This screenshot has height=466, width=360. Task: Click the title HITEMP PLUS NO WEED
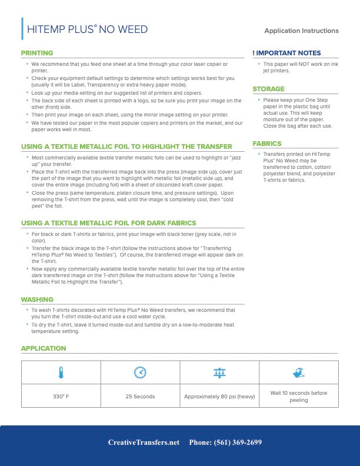click(x=88, y=29)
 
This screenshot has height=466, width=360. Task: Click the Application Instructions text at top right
click(x=301, y=31)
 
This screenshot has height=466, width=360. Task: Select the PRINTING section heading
click(x=37, y=53)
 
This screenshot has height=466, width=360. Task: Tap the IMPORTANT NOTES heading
click(x=286, y=53)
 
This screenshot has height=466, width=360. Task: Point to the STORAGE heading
click(x=268, y=89)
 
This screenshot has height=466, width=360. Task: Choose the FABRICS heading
click(x=267, y=144)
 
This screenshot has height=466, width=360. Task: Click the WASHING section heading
click(x=37, y=299)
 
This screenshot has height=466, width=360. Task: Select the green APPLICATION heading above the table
click(x=44, y=348)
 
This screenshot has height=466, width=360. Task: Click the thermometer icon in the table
click(x=61, y=372)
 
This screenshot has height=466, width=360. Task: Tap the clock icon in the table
click(x=140, y=372)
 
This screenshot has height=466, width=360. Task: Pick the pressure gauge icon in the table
click(x=219, y=372)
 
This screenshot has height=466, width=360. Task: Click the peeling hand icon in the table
click(x=298, y=372)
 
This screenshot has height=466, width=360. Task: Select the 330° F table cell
click(x=61, y=396)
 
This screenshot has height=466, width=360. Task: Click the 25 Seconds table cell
click(x=140, y=396)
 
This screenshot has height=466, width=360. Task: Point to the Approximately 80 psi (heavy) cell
click(x=219, y=396)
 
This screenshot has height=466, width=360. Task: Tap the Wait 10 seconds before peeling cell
click(x=298, y=396)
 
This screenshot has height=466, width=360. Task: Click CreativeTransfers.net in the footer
click(x=144, y=442)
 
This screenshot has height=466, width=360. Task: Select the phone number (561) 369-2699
click(x=225, y=442)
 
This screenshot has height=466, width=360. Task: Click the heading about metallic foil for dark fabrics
click(x=109, y=223)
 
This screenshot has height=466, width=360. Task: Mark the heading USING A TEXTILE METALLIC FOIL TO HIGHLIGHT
click(x=126, y=146)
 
